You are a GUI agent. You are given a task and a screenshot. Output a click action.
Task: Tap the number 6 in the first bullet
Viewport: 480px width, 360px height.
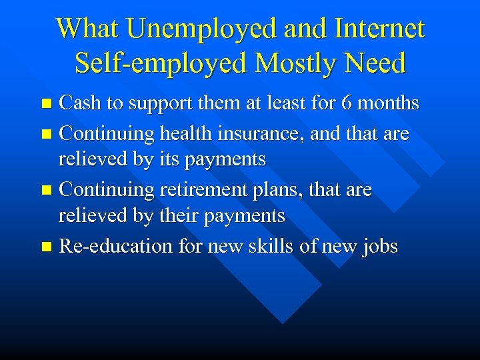(345, 103)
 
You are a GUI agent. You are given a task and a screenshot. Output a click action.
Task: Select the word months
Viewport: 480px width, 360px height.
(387, 103)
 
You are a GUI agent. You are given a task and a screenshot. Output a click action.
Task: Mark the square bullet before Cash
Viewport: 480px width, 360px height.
(46, 104)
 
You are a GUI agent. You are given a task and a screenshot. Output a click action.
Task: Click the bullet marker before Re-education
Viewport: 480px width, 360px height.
(46, 247)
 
